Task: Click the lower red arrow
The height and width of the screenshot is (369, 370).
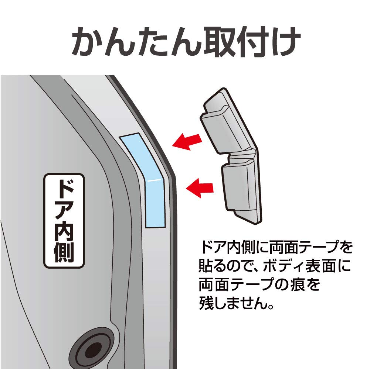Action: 201,188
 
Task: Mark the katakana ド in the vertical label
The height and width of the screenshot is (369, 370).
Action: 64,188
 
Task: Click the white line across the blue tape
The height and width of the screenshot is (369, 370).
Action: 155,180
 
